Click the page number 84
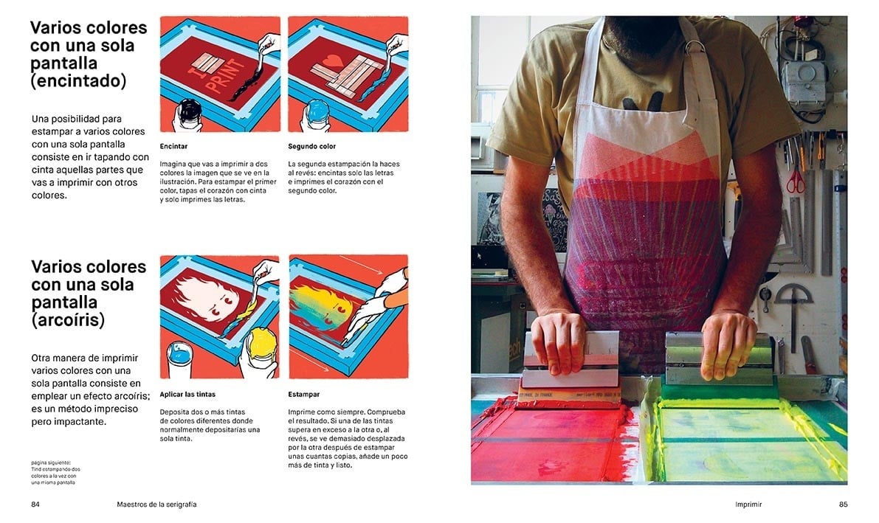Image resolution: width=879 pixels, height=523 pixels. coord(35,505)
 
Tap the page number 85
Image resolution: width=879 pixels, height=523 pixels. coord(843,505)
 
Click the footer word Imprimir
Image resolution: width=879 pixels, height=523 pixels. coord(748,505)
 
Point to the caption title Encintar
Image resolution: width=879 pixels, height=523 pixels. coord(173,146)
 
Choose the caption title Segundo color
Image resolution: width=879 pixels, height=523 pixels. coord(311,146)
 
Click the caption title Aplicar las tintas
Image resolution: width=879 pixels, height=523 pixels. coord(187,395)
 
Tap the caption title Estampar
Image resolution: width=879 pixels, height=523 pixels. coord(303,395)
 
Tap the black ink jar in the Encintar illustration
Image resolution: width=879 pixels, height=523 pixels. coord(188,113)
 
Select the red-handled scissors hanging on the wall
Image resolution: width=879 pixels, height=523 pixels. coord(796,177)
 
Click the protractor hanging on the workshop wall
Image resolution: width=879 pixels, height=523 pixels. coord(793,299)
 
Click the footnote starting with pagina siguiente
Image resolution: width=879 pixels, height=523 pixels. coord(55,473)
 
